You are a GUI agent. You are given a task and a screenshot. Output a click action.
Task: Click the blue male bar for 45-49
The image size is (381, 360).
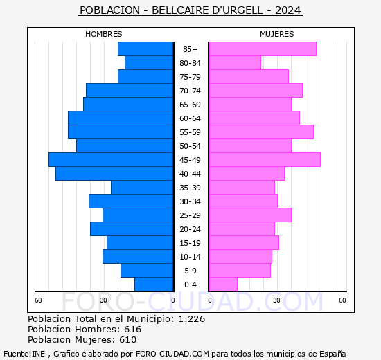pos(111,159)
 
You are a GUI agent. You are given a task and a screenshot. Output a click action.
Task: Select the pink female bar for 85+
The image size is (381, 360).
pos(262,48)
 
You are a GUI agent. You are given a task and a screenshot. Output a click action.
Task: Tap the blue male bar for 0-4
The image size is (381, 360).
pos(154,284)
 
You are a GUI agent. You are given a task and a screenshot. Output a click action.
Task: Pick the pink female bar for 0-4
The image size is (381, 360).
pos(222,284)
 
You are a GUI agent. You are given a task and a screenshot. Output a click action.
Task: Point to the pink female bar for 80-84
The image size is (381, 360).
pos(234,62)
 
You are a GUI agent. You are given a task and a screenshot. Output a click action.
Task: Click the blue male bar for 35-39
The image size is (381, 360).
pos(142,187)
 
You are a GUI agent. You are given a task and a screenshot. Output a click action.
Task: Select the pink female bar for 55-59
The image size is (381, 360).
pos(260,132)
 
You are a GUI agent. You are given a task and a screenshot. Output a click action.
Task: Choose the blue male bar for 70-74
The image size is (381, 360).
pos(130,90)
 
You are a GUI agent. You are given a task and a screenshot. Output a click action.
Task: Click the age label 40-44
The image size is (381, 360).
pos(190,174)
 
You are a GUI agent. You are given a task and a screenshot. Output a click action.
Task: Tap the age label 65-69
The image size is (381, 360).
pos(190,105)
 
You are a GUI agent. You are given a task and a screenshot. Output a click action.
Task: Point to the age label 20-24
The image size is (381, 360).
pos(190,229)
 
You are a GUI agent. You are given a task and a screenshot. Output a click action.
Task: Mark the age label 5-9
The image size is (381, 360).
pos(190,271)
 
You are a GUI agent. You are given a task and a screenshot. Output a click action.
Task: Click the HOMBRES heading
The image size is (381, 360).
pos(104,34)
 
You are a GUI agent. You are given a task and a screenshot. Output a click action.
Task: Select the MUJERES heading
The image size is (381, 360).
pos(276,34)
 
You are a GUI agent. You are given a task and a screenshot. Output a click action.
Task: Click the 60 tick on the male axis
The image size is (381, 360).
pos(39,300)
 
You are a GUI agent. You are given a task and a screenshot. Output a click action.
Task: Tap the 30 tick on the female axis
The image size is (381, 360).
pos(276,300)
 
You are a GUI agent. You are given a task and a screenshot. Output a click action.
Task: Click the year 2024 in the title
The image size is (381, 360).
pos(288,10)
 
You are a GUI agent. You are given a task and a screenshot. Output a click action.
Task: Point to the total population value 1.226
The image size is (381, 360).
pos(191,319)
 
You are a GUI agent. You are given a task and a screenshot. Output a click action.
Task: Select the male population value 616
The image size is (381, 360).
pos(132,330)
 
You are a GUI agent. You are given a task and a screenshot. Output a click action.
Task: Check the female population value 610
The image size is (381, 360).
pos(127,340)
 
